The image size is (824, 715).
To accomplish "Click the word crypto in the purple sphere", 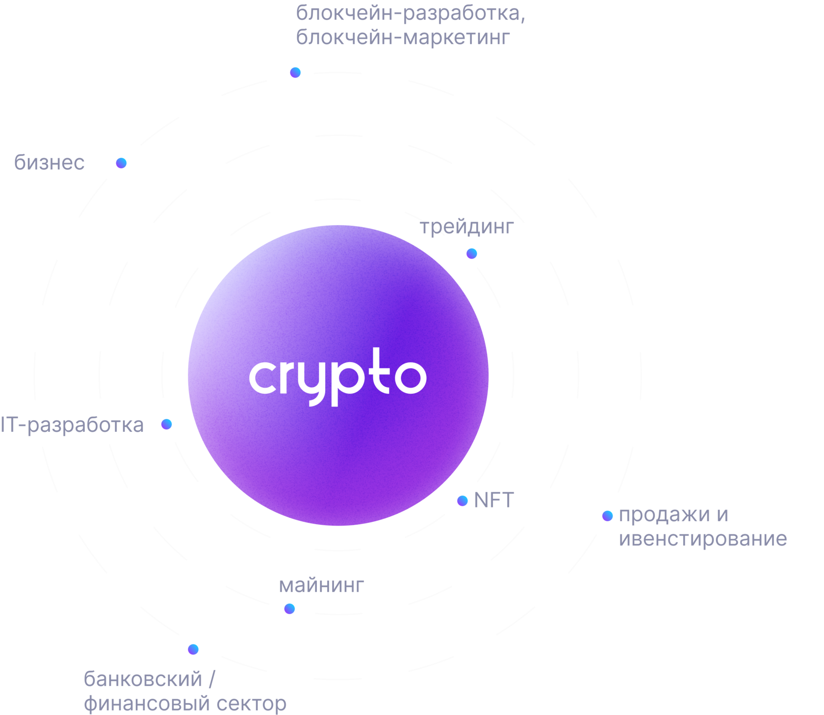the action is click(x=337, y=377).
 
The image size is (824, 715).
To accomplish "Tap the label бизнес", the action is click(x=50, y=163).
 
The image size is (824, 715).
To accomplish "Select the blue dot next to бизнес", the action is click(x=121, y=163).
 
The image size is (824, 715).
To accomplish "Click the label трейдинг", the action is click(x=466, y=227).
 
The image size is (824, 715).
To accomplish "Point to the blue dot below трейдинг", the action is click(x=471, y=253).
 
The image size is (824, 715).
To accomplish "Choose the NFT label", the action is click(x=493, y=501).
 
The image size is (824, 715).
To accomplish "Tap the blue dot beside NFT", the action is click(x=462, y=501).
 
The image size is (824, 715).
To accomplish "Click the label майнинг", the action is click(x=321, y=585).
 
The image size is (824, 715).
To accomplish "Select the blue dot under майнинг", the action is click(x=289, y=609).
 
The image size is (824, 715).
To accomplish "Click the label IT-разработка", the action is click(x=72, y=425).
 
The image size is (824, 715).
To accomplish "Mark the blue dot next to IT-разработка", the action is click(x=166, y=424).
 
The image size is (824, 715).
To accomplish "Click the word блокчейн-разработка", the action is click(x=410, y=14).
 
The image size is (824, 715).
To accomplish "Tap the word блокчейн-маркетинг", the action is click(x=403, y=38).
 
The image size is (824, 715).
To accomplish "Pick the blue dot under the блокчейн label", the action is click(x=295, y=73).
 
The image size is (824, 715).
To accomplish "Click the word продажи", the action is click(x=664, y=515).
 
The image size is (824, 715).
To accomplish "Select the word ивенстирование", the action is click(x=702, y=539).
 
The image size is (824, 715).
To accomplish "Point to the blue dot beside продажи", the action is click(x=607, y=516).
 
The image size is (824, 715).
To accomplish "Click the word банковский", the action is click(x=143, y=679).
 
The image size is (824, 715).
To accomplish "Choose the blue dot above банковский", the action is click(x=193, y=649).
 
